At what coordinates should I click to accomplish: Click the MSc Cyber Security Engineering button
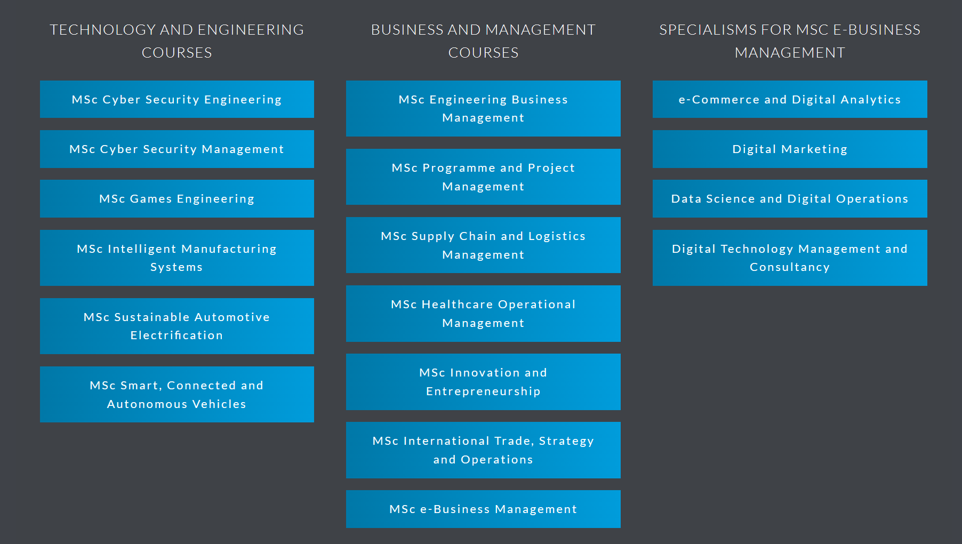(177, 99)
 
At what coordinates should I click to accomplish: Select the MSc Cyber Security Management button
(177, 149)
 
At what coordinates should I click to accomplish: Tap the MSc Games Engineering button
(177, 198)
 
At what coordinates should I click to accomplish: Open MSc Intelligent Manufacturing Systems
(177, 258)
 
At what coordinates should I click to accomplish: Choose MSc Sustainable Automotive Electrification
(177, 326)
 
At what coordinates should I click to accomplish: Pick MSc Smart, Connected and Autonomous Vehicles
(177, 394)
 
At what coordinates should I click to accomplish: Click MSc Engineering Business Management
(483, 108)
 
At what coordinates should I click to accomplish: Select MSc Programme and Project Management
(483, 177)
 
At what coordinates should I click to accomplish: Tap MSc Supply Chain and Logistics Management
(483, 245)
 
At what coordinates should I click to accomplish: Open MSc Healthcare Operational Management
(483, 313)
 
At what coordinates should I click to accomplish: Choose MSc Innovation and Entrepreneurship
(483, 381)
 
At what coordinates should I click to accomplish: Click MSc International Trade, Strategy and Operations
(483, 450)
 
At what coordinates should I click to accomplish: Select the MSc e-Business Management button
(483, 509)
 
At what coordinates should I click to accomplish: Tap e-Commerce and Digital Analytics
(790, 99)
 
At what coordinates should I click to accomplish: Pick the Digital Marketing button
(790, 149)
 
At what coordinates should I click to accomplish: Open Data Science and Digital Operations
(790, 198)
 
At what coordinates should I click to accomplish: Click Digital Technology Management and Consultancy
(790, 258)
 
